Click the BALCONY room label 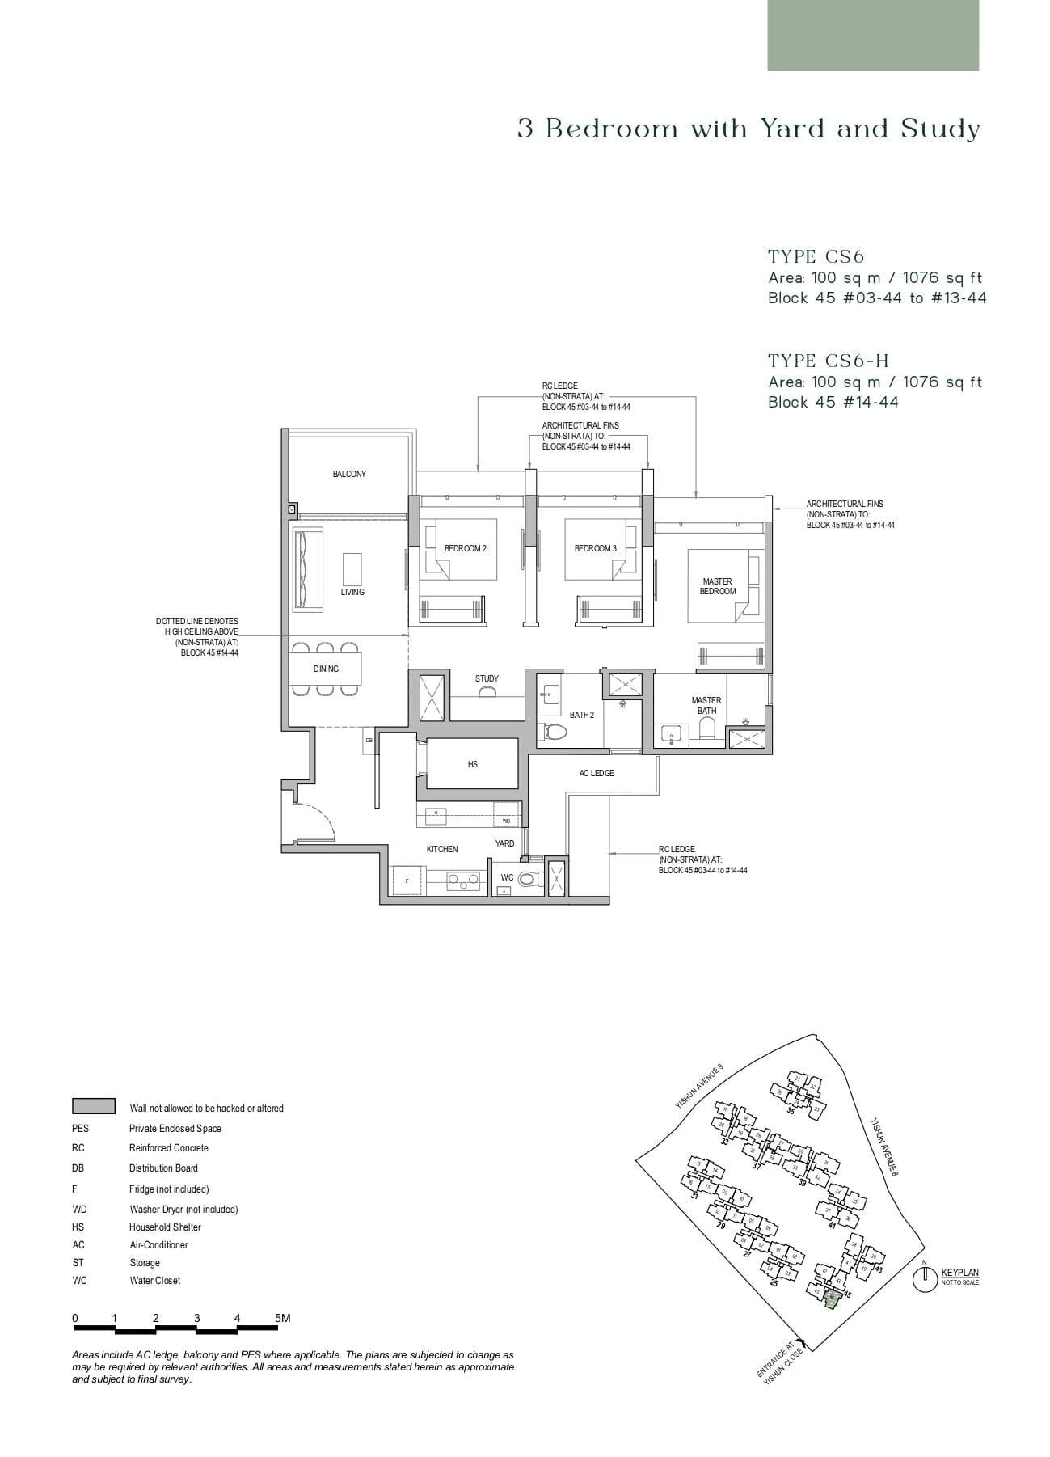pos(349,474)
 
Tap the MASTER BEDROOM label pos(717,586)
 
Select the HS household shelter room pos(472,763)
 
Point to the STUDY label pos(487,678)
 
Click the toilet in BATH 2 pos(555,732)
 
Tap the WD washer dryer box pos(506,821)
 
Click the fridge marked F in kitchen pos(407,880)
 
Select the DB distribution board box pos(369,740)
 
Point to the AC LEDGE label pos(597,773)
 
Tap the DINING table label pos(326,669)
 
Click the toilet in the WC pos(528,878)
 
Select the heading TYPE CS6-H pos(828,361)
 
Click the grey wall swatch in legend pos(94,1106)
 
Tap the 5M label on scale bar pos(281,1318)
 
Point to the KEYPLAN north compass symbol pos(923,1280)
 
